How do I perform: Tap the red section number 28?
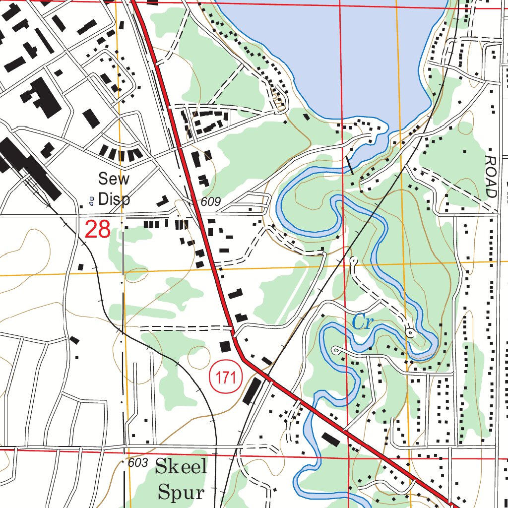[97, 230]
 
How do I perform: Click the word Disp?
[114, 199]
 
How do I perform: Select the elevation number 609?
[210, 202]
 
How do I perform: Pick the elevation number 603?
[137, 463]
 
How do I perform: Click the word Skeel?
[181, 467]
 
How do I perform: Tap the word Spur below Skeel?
[181, 493]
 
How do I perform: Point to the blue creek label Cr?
[363, 322]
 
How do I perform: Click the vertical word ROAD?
[491, 176]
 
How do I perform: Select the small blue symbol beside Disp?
[91, 200]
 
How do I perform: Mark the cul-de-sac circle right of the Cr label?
[410, 333]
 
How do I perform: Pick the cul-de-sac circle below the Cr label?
[336, 351]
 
